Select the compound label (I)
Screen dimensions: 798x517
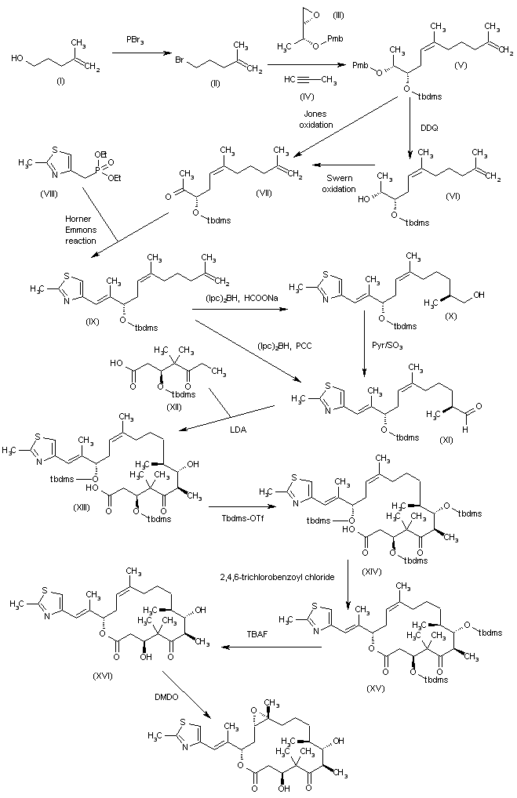click(x=44, y=78)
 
